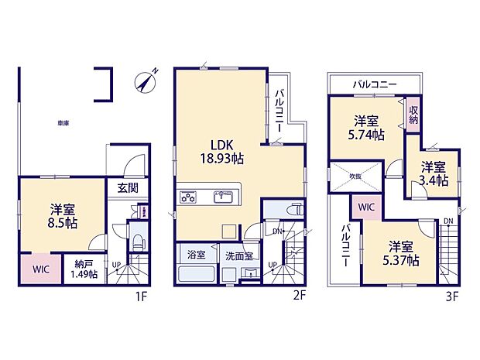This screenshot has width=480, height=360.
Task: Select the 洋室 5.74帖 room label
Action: (367, 128)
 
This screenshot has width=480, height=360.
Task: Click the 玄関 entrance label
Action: (128, 187)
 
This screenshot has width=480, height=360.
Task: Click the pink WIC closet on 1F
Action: (39, 270)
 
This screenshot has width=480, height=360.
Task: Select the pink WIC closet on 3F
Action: (366, 207)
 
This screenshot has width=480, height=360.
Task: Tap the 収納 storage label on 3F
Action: (413, 115)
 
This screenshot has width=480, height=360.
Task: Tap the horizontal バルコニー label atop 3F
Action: (375, 83)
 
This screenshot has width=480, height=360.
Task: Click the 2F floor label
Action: (300, 295)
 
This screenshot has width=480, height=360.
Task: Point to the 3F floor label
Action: (452, 295)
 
